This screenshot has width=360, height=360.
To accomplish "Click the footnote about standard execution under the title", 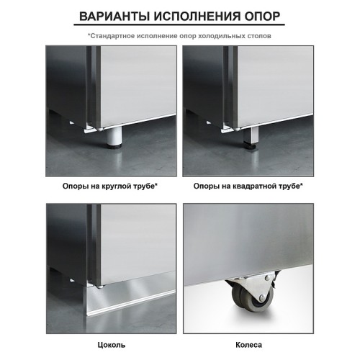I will tap(179, 35).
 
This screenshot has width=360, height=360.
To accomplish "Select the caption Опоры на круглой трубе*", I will tap(111, 186).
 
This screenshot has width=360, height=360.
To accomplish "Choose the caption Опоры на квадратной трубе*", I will tap(248, 186).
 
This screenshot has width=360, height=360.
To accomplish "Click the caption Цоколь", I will tap(111, 344).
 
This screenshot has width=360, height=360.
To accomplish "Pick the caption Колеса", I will tap(248, 344).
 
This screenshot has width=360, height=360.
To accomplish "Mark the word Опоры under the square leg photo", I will tap(206, 186).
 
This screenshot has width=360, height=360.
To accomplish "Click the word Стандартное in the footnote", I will tap(114, 35).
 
